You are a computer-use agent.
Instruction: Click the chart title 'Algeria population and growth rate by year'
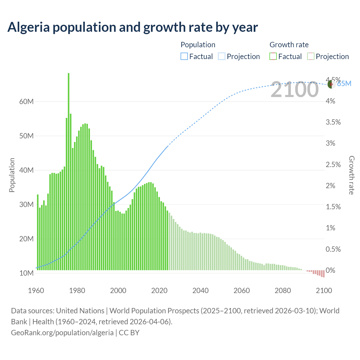click(132, 27)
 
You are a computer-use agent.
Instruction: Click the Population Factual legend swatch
click(184, 57)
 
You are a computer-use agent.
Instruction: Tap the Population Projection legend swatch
click(222, 57)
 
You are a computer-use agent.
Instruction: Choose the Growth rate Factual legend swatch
click(273, 57)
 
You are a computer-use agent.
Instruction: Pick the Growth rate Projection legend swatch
click(310, 57)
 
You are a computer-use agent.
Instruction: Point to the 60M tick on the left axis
click(26, 102)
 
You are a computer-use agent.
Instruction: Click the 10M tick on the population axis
click(26, 273)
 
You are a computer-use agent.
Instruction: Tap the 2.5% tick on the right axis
click(333, 165)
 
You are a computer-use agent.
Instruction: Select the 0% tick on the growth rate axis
click(330, 270)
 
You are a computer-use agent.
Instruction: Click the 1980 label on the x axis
click(77, 291)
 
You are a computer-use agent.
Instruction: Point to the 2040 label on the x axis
click(201, 291)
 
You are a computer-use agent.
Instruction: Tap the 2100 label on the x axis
click(324, 291)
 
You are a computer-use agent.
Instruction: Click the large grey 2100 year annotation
click(294, 90)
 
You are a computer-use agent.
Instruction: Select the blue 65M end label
click(345, 84)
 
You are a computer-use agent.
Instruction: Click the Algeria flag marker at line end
click(332, 84)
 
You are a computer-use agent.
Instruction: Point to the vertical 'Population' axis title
click(12, 175)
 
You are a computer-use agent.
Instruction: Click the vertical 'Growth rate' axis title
click(352, 175)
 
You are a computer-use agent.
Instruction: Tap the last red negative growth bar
click(324, 274)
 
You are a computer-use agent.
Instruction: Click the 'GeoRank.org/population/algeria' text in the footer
click(62, 333)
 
